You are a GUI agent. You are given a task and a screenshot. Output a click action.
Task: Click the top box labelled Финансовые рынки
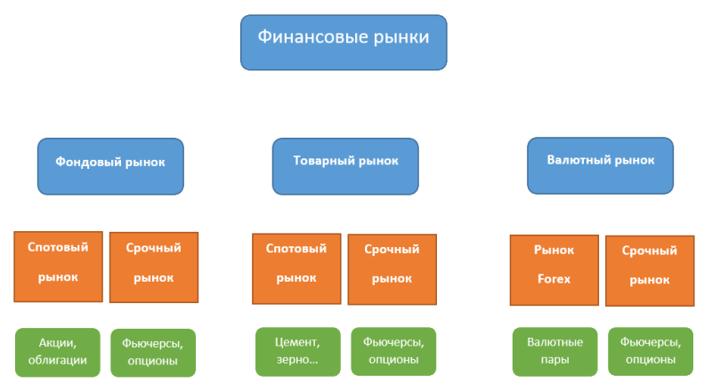(x=343, y=42)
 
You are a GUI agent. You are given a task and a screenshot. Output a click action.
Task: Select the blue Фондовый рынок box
(x=110, y=165)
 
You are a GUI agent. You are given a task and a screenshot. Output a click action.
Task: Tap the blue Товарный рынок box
(x=345, y=165)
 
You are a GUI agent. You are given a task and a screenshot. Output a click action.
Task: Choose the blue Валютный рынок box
(x=601, y=165)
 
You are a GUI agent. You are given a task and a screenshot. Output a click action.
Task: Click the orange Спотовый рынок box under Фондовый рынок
(x=58, y=266)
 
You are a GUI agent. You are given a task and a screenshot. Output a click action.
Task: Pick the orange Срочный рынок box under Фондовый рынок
(x=153, y=267)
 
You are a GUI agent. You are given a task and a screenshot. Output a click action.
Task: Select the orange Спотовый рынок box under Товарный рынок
(x=296, y=267)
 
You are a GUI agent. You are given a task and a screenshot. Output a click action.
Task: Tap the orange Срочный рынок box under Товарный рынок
(x=391, y=268)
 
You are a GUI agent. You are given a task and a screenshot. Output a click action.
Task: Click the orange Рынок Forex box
(x=554, y=269)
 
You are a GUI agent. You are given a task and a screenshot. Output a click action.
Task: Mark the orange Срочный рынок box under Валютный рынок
(x=649, y=270)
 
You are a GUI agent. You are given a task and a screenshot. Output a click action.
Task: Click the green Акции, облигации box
(x=57, y=352)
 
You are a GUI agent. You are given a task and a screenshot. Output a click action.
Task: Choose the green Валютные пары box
(x=554, y=352)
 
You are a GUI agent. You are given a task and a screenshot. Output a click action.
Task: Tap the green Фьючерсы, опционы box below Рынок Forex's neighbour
(x=650, y=352)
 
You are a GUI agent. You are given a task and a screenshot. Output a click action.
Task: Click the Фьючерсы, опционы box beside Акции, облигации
(x=153, y=352)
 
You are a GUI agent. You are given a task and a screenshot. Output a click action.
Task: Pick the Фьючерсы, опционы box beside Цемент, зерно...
(x=393, y=351)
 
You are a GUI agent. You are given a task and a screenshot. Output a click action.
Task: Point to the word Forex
(x=553, y=279)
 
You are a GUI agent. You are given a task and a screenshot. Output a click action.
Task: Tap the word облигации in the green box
(x=57, y=361)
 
